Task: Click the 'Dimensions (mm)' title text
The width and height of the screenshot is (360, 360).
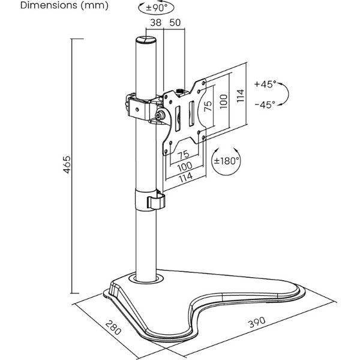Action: (x=64, y=5)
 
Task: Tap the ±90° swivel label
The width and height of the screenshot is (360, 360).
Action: (x=157, y=8)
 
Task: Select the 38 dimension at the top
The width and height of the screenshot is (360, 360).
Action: (x=156, y=23)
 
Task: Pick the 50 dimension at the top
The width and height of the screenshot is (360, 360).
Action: (x=175, y=23)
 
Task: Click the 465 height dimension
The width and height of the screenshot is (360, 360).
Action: (x=67, y=164)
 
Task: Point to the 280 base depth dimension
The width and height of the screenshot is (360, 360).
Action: (x=113, y=327)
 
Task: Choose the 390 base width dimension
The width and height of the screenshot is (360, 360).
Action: (x=257, y=322)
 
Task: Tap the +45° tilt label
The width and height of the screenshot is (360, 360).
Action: (x=265, y=84)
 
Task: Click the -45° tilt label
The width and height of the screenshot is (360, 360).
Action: (x=265, y=105)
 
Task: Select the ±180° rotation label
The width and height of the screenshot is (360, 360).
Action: (x=226, y=160)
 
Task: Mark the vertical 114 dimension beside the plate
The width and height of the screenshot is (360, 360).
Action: (x=240, y=96)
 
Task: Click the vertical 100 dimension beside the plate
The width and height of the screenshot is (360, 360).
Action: (x=223, y=101)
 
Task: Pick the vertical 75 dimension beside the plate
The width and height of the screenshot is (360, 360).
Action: (x=208, y=106)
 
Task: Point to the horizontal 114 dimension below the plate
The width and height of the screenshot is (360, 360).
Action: (x=185, y=178)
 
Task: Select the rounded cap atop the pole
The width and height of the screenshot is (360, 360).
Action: (x=146, y=40)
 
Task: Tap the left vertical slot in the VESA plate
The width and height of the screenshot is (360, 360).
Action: (x=178, y=118)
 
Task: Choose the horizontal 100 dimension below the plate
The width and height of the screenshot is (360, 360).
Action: (x=185, y=166)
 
